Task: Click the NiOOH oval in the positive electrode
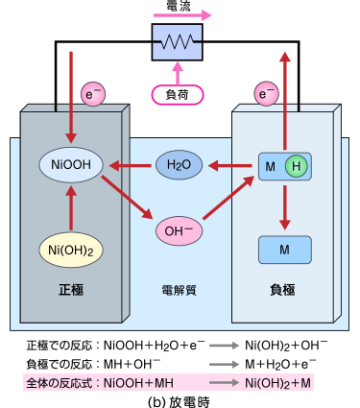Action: [72, 165]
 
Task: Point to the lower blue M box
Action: [284, 250]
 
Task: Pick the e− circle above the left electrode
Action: [93, 93]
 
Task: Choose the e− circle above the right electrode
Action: [266, 93]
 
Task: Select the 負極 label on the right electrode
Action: [284, 287]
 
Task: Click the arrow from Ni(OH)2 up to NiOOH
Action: [72, 205]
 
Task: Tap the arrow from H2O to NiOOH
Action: [130, 165]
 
